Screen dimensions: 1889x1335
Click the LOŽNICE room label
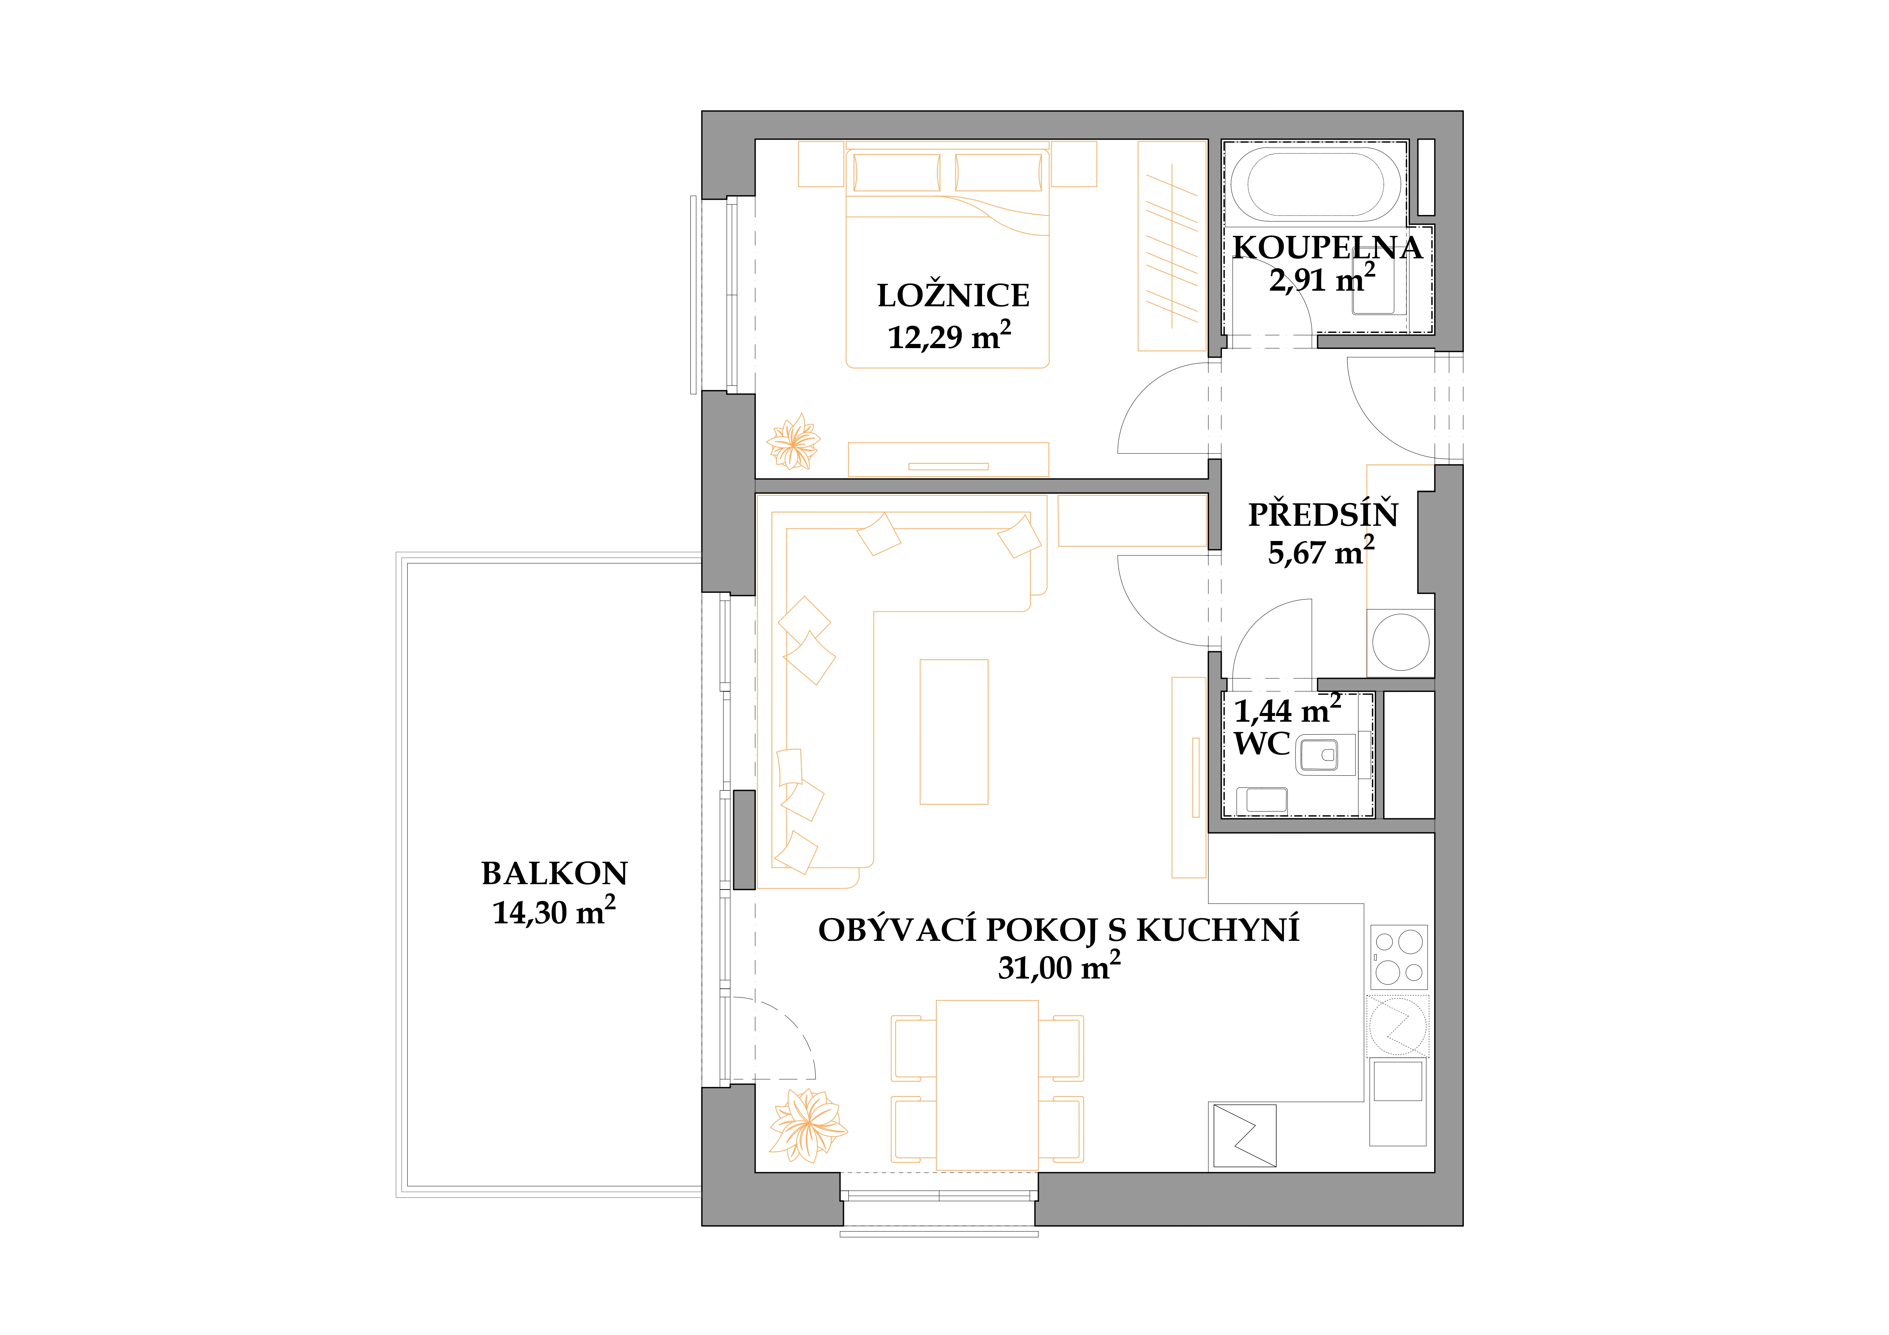click(953, 295)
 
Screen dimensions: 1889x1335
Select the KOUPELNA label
click(1327, 248)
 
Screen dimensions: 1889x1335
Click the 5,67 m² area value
click(1320, 551)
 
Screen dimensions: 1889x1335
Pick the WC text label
click(1262, 743)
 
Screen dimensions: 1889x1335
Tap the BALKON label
click(555, 874)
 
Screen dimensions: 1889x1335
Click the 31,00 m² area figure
click(1059, 966)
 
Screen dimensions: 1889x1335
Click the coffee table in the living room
click(953, 731)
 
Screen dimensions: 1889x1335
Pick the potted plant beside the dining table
click(808, 1125)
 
